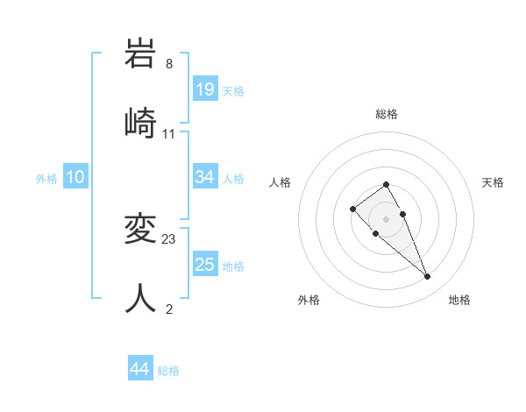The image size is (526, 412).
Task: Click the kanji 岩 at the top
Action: pyautogui.click(x=141, y=54)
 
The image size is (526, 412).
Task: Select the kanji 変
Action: pyautogui.click(x=141, y=231)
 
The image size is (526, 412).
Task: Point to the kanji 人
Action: pyautogui.click(x=141, y=298)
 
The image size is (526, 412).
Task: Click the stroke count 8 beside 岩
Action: pyautogui.click(x=169, y=63)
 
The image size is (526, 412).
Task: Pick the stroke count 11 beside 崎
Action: pyautogui.click(x=169, y=133)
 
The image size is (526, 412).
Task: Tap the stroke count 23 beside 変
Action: pyautogui.click(x=169, y=239)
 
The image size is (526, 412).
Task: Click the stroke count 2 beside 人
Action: pyautogui.click(x=169, y=308)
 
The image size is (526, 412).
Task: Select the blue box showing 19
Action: pyautogui.click(x=205, y=89)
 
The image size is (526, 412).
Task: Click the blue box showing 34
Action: pyautogui.click(x=205, y=177)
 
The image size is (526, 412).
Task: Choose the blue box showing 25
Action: pyautogui.click(x=205, y=265)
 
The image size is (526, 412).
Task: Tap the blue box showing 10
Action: pyautogui.click(x=75, y=177)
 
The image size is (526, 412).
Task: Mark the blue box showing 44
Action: pyautogui.click(x=139, y=369)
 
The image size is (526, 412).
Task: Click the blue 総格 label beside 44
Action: pyautogui.click(x=168, y=371)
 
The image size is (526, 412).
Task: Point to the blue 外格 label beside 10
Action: pyautogui.click(x=46, y=179)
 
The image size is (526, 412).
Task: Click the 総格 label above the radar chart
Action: pyautogui.click(x=387, y=114)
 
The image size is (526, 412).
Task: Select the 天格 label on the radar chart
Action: pyautogui.click(x=493, y=182)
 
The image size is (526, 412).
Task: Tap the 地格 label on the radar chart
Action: pyautogui.click(x=459, y=300)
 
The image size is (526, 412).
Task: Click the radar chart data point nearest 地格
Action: pyautogui.click(x=427, y=277)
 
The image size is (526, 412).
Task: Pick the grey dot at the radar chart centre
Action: pyautogui.click(x=387, y=219)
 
